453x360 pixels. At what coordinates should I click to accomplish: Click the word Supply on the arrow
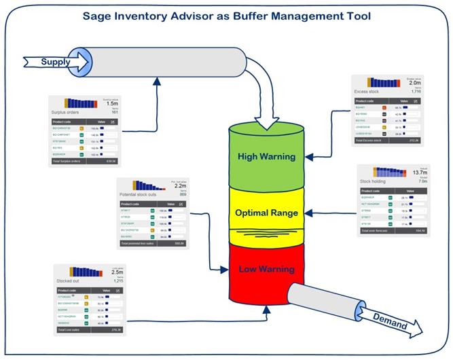(56, 62)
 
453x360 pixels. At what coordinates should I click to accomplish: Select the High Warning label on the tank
(266, 156)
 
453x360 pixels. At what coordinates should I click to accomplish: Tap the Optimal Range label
(266, 213)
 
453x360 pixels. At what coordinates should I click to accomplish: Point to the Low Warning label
(266, 269)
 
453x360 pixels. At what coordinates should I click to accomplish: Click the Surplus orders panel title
(66, 112)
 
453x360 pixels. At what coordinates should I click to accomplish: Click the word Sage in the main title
(98, 16)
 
